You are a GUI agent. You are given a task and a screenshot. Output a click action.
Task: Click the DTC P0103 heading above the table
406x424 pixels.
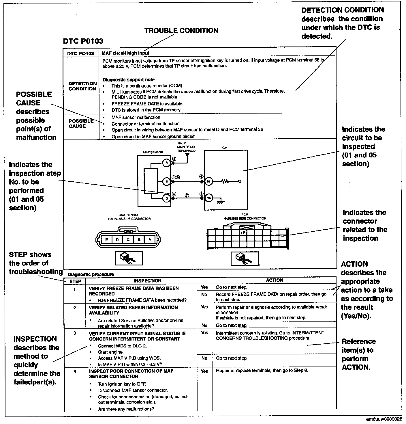click(x=83, y=41)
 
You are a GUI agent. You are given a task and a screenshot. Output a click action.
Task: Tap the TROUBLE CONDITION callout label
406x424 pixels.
click(x=181, y=31)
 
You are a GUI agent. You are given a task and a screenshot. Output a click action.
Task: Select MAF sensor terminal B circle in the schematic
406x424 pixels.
click(x=167, y=163)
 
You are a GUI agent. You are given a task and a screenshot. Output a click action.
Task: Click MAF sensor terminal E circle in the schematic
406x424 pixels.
click(x=167, y=181)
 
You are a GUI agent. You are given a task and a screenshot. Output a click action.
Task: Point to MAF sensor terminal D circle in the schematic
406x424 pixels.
click(x=167, y=198)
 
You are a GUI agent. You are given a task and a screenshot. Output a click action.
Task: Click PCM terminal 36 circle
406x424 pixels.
click(x=209, y=198)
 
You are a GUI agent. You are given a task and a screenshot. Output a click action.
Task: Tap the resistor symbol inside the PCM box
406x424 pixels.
click(x=225, y=181)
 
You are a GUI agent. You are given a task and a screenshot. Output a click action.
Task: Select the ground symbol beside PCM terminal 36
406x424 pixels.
click(x=221, y=202)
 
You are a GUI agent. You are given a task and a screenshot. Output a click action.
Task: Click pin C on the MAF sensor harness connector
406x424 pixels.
click(x=128, y=239)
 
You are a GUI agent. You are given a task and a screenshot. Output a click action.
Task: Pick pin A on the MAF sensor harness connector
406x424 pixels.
click(x=150, y=239)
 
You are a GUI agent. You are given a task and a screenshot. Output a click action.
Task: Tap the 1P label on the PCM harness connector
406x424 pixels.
click(x=243, y=233)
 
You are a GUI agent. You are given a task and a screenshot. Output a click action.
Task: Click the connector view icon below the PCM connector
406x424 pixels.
click(x=245, y=258)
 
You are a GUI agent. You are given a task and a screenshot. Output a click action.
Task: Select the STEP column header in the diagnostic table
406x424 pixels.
click(x=75, y=281)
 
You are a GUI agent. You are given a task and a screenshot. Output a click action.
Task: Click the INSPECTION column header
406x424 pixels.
click(x=147, y=281)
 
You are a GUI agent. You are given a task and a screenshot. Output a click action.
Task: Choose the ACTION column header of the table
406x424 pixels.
click(x=274, y=280)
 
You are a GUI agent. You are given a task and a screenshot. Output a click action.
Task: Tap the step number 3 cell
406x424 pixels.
click(x=75, y=333)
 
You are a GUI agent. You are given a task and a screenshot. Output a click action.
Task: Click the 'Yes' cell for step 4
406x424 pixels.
click(x=204, y=371)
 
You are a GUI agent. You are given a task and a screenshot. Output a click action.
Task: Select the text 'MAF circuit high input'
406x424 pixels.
click(x=125, y=53)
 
